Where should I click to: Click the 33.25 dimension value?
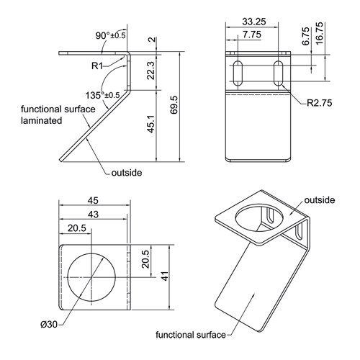click(x=254, y=22)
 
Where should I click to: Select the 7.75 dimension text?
click(x=252, y=35)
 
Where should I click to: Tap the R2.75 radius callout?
click(x=320, y=103)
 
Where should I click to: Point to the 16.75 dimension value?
click(x=320, y=33)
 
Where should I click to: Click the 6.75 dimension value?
click(x=306, y=36)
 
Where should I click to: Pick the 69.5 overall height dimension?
click(x=174, y=105)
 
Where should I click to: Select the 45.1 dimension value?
click(x=151, y=124)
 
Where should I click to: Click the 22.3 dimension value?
click(x=151, y=71)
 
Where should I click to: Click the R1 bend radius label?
click(x=97, y=66)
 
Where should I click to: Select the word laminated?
click(x=41, y=120)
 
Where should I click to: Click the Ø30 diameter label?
click(x=49, y=325)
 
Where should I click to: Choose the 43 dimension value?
click(x=93, y=215)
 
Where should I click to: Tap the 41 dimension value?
click(x=165, y=276)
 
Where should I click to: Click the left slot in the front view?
click(x=238, y=73)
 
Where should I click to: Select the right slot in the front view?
click(x=278, y=73)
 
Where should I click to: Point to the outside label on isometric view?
click(x=320, y=200)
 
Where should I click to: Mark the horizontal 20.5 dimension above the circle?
click(x=77, y=228)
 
